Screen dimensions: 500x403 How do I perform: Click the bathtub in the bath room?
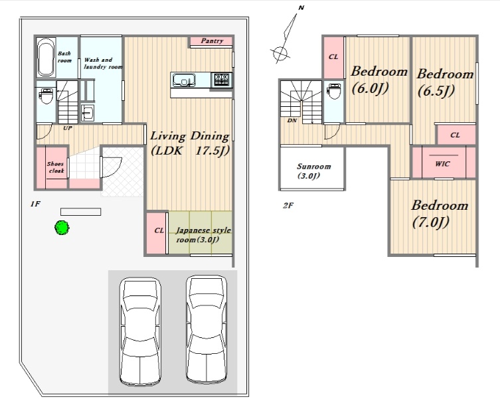click(46, 58)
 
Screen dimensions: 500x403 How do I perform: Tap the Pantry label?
click(212, 40)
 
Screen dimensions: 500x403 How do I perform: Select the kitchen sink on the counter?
click(184, 80)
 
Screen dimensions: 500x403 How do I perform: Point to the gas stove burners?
click(222, 80)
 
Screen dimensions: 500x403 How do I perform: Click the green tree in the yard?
click(62, 228)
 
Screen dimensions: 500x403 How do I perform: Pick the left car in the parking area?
click(140, 331)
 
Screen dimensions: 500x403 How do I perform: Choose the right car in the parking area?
click(207, 330)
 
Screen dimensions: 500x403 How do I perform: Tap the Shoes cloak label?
click(56, 167)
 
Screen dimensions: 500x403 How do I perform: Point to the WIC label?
click(443, 164)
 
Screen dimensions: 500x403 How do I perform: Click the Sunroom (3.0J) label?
click(313, 171)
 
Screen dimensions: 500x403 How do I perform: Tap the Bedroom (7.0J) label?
click(440, 214)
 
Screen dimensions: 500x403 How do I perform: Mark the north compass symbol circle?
click(280, 53)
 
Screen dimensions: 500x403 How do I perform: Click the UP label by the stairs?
click(68, 128)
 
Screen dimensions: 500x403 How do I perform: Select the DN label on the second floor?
click(292, 121)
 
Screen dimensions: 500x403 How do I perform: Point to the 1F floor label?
click(35, 204)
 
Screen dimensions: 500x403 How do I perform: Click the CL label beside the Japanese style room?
click(159, 230)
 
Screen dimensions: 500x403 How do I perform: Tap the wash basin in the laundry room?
click(87, 113)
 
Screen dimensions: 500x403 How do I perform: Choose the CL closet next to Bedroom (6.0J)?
click(333, 57)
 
